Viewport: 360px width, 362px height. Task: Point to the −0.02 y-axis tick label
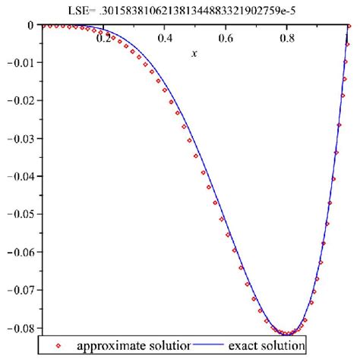pyautogui.click(x=20, y=100)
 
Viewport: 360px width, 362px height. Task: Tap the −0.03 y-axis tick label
pyautogui.click(x=20, y=138)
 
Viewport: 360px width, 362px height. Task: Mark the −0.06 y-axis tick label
pyautogui.click(x=20, y=251)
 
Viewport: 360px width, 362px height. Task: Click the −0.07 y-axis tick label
pyautogui.click(x=20, y=289)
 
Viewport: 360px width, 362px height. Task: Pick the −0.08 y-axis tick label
pyautogui.click(x=20, y=327)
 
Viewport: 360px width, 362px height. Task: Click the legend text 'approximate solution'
pyautogui.click(x=134, y=346)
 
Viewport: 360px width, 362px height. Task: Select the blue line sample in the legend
pyautogui.click(x=210, y=346)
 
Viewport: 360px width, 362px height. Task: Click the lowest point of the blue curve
pyautogui.click(x=289, y=334)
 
